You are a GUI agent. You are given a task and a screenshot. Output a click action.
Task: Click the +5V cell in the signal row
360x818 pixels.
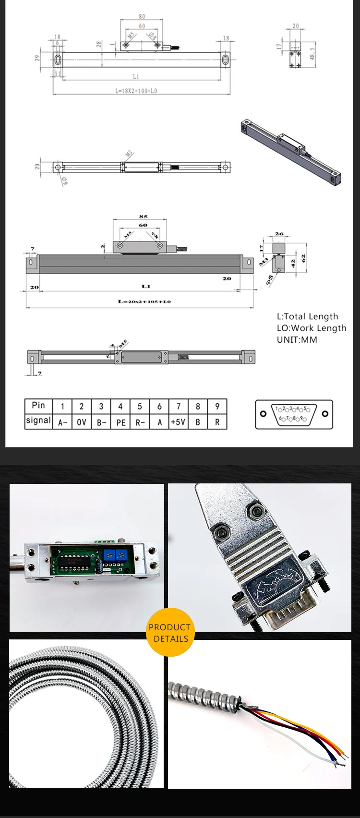[x=178, y=422]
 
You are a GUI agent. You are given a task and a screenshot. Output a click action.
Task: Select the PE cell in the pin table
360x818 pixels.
[x=120, y=422]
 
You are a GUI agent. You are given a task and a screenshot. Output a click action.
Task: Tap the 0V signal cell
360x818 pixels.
[x=82, y=422]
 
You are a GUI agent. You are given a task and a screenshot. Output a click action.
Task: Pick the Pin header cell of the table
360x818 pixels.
[x=38, y=406]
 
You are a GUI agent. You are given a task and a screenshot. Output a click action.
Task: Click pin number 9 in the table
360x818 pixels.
[x=217, y=406]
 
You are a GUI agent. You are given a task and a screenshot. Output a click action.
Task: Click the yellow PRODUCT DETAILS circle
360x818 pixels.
[x=169, y=632]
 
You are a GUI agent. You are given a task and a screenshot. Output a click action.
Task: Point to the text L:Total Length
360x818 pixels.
[x=307, y=316]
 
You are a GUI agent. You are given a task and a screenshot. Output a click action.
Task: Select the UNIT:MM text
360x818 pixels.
[x=297, y=339]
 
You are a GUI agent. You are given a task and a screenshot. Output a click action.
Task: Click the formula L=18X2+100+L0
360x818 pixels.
[x=136, y=90]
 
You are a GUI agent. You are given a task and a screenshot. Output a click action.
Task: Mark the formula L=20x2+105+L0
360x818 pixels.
[x=144, y=301]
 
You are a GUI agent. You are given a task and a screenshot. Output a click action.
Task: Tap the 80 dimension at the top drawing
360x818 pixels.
[x=142, y=16]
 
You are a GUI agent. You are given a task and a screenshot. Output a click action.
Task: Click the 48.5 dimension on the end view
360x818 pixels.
[x=312, y=53]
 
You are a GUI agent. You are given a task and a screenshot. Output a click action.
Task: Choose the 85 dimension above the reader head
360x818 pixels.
[x=143, y=217]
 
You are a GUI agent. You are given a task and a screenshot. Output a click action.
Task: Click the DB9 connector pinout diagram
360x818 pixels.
[x=294, y=414]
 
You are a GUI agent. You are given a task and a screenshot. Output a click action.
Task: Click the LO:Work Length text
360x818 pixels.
[x=311, y=328]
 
